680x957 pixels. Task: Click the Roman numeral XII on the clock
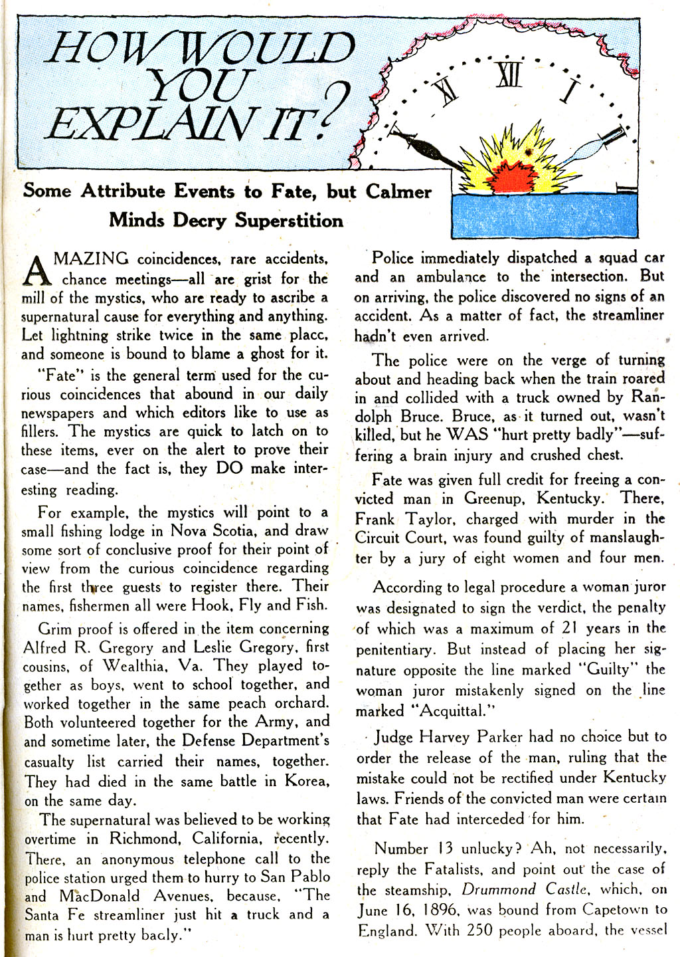[509, 75]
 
